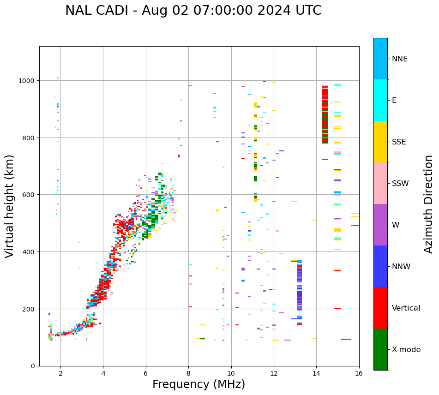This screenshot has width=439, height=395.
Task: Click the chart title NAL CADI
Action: [x=193, y=11]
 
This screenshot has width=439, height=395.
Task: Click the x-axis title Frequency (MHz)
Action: [x=198, y=384]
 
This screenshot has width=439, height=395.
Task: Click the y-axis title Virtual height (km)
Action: [x=10, y=206]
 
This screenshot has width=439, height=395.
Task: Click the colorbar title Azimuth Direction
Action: [x=429, y=204]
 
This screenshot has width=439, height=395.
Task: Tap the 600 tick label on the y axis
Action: [x=30, y=195]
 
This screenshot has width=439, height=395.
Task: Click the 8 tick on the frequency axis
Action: [x=188, y=373]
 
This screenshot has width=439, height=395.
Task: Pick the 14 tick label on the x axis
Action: [x=316, y=373]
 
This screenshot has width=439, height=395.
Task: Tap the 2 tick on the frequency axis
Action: [x=60, y=373]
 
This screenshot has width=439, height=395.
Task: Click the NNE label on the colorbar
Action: [x=400, y=59]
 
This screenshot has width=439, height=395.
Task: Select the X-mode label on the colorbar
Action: [x=406, y=350]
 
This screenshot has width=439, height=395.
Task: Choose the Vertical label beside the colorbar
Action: [x=406, y=308]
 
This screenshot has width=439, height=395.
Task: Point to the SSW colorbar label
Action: [x=400, y=184]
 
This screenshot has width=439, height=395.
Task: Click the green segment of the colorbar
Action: [x=380, y=349]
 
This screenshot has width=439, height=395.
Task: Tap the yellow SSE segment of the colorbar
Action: [x=380, y=142]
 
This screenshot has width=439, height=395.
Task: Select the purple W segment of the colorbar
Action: [x=380, y=225]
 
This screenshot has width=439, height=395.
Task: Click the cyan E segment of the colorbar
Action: [x=380, y=100]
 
